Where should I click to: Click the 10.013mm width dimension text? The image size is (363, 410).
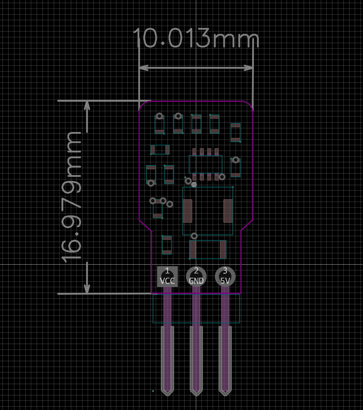pyautogui.click(x=196, y=38)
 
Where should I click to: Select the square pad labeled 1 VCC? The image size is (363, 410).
pyautogui.click(x=167, y=276)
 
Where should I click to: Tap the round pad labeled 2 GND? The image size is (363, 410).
pyautogui.click(x=196, y=276)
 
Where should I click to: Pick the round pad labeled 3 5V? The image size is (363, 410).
pyautogui.click(x=225, y=276)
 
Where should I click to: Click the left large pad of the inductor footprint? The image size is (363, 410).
pyautogui.click(x=187, y=211)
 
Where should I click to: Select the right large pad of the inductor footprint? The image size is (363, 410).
pyautogui.click(x=228, y=211)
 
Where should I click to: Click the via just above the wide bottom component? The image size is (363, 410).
pyautogui.click(x=194, y=236)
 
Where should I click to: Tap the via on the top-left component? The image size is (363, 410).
pyautogui.click(x=159, y=116)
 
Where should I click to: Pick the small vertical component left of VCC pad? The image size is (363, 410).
pyautogui.click(x=167, y=245)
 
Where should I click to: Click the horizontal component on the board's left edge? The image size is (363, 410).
pyautogui.click(x=160, y=150)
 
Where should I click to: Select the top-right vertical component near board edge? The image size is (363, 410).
pyautogui.click(x=236, y=133)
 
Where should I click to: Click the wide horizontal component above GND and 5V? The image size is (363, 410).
pyautogui.click(x=208, y=250)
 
